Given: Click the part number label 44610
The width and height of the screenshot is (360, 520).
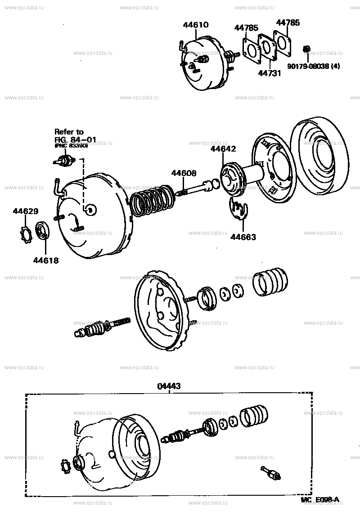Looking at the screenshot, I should tap(196, 25).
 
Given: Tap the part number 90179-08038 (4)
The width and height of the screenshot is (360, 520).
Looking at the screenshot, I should tap(314, 66).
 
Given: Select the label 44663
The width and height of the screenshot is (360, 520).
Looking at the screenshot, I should tap(243, 237).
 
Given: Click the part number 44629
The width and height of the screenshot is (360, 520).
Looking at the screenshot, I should tap(25, 211).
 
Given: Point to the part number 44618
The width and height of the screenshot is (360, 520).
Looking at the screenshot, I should tap(45, 260).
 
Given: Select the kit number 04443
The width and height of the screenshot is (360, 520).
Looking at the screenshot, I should tap(169, 386).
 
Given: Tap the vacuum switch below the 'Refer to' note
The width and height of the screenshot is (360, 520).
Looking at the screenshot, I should tap(64, 161).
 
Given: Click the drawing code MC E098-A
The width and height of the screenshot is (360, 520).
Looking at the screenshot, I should tap(320, 512).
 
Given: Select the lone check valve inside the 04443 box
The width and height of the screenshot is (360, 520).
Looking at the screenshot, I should tap(271, 473).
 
